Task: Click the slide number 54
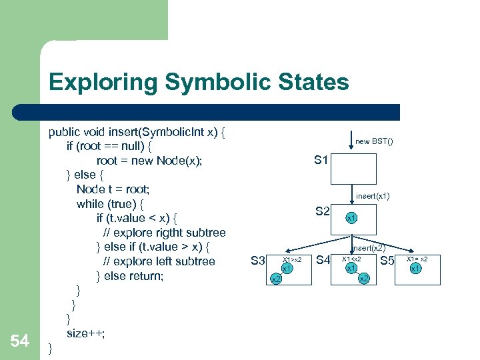tap(20, 342)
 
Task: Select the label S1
tap(321, 160)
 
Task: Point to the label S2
tap(323, 211)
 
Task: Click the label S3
tap(258, 260)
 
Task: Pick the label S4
tap(324, 260)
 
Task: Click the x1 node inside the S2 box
tap(351, 218)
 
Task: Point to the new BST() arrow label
tap(374, 141)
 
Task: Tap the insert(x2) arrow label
tap(369, 248)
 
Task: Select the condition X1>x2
tap(292, 259)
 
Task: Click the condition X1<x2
tap(351, 259)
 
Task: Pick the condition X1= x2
tap(417, 259)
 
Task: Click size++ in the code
tap(85, 333)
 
